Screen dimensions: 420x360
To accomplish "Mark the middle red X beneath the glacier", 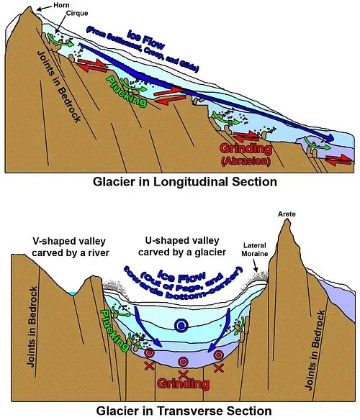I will (x=184, y=375).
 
